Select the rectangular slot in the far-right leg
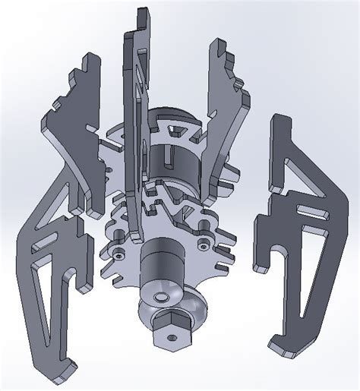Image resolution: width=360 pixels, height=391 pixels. [x=310, y=206]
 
